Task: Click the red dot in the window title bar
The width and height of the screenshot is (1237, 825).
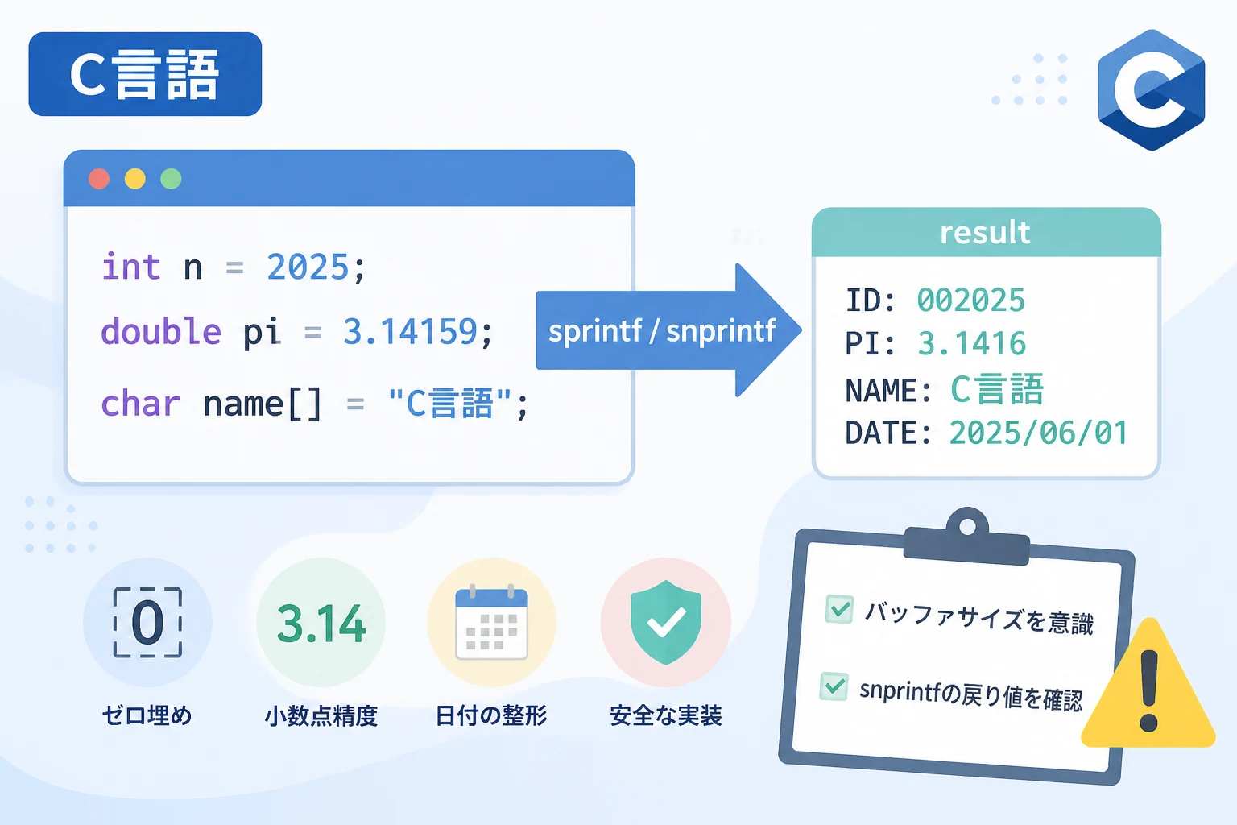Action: click(x=99, y=179)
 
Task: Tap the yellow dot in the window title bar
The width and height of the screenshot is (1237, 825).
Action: click(x=134, y=179)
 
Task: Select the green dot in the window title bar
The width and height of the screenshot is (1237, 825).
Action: click(x=171, y=179)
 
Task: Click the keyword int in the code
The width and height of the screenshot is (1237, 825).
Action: click(x=131, y=267)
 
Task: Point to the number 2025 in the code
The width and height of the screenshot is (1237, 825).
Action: click(x=308, y=267)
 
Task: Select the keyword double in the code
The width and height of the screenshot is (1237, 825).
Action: click(x=161, y=331)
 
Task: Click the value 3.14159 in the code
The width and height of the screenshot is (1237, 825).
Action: click(x=410, y=332)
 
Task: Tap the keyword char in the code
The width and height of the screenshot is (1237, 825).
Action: click(x=140, y=404)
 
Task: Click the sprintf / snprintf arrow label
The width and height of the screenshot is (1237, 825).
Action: click(x=661, y=331)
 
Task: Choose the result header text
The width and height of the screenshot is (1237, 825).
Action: click(x=985, y=232)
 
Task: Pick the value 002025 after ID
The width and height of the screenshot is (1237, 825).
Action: click(x=970, y=300)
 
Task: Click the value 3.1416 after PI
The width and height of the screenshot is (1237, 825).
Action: click(x=972, y=343)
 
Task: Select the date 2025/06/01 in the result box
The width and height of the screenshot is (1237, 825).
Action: click(x=1038, y=432)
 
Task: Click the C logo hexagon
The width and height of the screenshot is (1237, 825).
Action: click(x=1151, y=89)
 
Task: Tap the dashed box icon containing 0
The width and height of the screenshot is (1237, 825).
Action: click(x=147, y=623)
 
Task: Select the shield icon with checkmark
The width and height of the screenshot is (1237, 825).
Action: click(x=666, y=622)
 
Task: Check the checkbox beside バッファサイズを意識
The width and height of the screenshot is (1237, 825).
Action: click(x=839, y=609)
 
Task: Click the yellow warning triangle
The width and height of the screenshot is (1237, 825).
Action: click(x=1148, y=685)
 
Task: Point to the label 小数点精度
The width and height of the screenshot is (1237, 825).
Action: click(x=321, y=715)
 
